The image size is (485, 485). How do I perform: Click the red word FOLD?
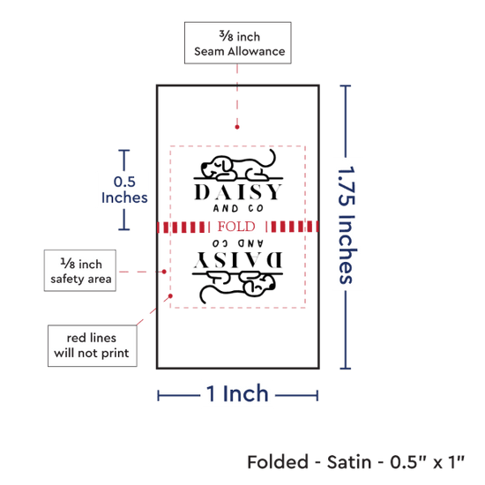click(x=236, y=227)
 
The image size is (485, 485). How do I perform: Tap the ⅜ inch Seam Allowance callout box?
click(x=238, y=43)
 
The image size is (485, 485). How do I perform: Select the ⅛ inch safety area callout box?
click(x=80, y=271)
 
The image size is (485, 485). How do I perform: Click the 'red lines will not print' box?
click(x=93, y=346)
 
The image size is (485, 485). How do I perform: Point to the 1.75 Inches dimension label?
click(x=347, y=225)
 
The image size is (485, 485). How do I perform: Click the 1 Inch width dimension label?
click(x=237, y=394)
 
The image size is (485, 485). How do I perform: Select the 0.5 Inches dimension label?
click(x=124, y=190)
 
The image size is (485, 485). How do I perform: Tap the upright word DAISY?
click(x=238, y=192)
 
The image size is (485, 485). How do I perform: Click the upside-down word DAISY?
click(x=238, y=259)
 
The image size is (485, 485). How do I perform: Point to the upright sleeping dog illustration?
click(x=238, y=166)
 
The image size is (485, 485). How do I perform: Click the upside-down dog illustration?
click(x=238, y=287)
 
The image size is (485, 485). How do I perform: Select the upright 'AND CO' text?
click(x=238, y=208)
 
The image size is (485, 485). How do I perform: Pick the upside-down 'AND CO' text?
click(x=238, y=243)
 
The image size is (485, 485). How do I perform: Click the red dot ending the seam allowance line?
click(x=237, y=127)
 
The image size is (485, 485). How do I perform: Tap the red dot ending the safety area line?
click(x=164, y=272)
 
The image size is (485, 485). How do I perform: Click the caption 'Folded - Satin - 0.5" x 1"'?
click(x=355, y=462)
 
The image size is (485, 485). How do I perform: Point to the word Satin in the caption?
click(x=349, y=462)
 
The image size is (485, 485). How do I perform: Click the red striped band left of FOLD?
click(x=183, y=227)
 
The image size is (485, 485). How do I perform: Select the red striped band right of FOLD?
click(x=292, y=227)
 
